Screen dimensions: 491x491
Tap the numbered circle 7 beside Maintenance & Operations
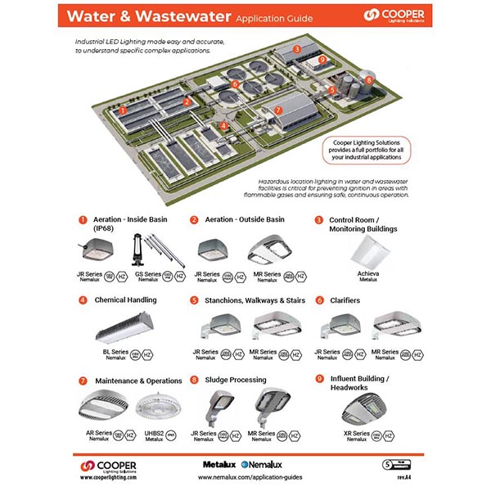83,381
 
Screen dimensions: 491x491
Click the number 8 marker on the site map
369,80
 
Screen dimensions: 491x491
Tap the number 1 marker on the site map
122,110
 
